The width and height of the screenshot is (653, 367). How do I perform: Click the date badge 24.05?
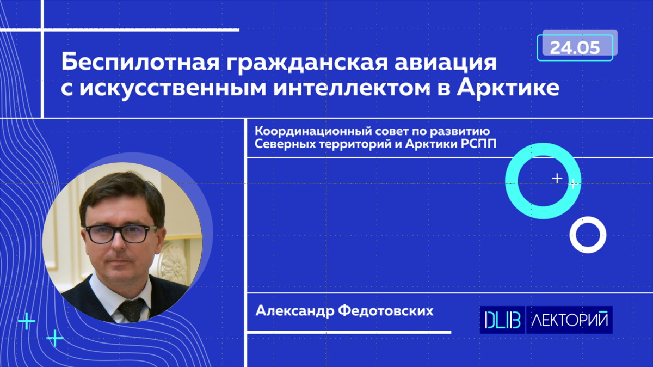click(x=575, y=48)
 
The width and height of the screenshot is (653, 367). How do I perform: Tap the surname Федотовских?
click(x=386, y=311)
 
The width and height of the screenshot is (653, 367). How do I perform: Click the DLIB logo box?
click(x=502, y=320)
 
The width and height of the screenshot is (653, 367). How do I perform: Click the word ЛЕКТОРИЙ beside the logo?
click(x=569, y=320)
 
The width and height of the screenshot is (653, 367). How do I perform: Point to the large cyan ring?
click(x=512, y=181)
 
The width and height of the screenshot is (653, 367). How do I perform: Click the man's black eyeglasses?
click(x=120, y=234)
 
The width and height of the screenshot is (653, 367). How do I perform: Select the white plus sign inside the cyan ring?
click(x=557, y=178)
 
